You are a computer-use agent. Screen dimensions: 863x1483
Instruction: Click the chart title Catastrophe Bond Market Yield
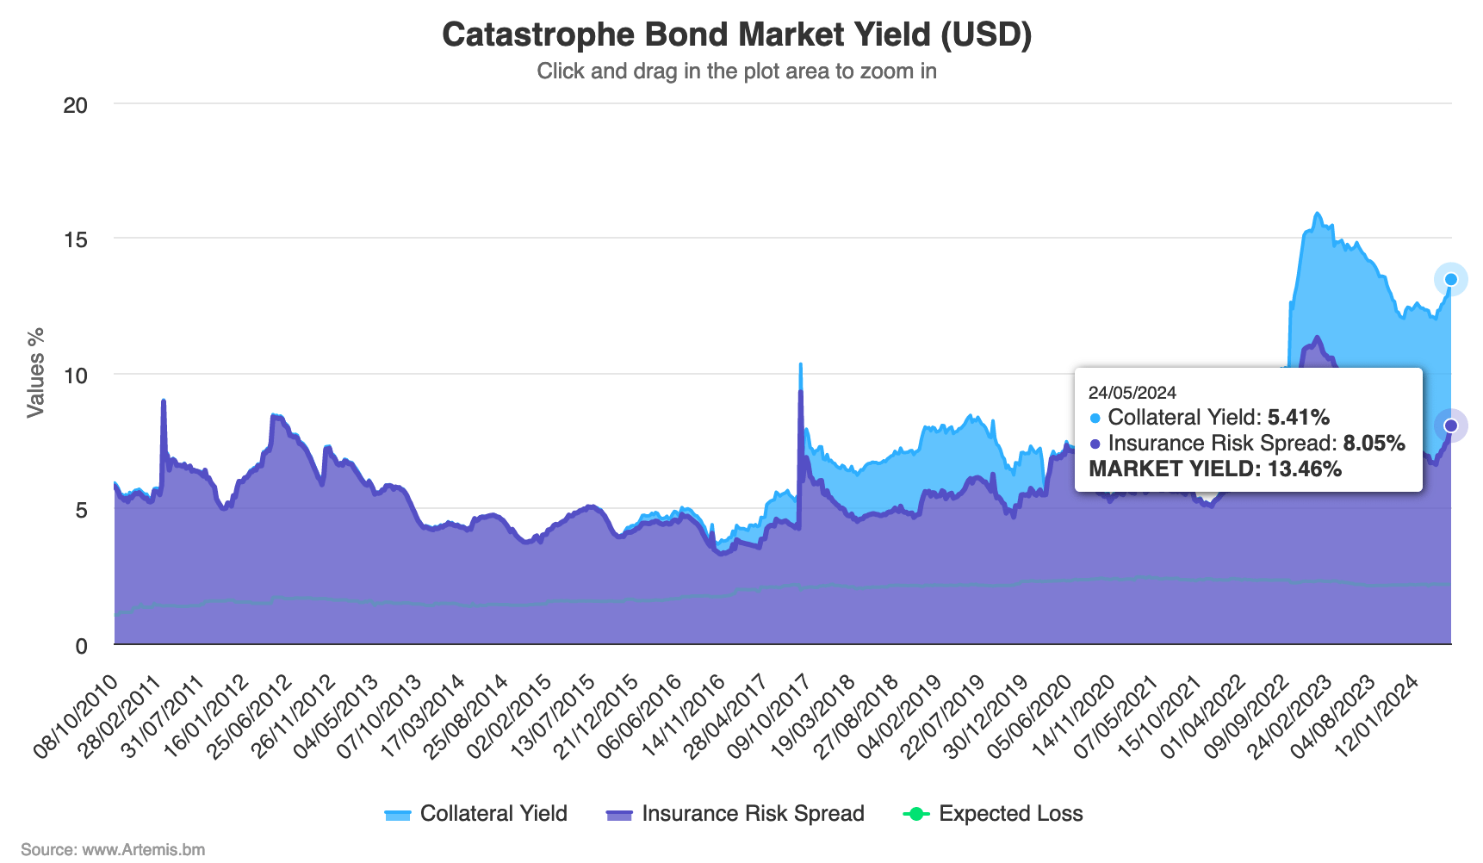click(736, 34)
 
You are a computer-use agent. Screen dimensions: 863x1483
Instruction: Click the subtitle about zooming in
click(736, 71)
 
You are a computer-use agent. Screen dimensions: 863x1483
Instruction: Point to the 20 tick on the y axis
click(76, 105)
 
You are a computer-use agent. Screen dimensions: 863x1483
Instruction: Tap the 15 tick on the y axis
click(76, 239)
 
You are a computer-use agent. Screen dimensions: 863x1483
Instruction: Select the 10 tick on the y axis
click(76, 376)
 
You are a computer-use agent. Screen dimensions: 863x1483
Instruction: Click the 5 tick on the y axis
click(81, 511)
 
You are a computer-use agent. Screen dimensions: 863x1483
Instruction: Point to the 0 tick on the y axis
click(81, 646)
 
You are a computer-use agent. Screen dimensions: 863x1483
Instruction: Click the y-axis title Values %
click(35, 373)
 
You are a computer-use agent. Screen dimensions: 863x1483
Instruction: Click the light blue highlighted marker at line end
click(1450, 279)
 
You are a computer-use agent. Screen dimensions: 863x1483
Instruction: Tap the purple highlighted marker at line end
click(1450, 425)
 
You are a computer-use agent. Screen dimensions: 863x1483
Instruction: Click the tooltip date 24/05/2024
click(1132, 393)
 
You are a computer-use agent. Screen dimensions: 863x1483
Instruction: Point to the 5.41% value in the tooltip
click(1298, 418)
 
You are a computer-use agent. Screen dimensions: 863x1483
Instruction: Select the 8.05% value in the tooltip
click(1374, 444)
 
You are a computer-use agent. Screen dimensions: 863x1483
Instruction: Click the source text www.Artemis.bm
click(113, 850)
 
